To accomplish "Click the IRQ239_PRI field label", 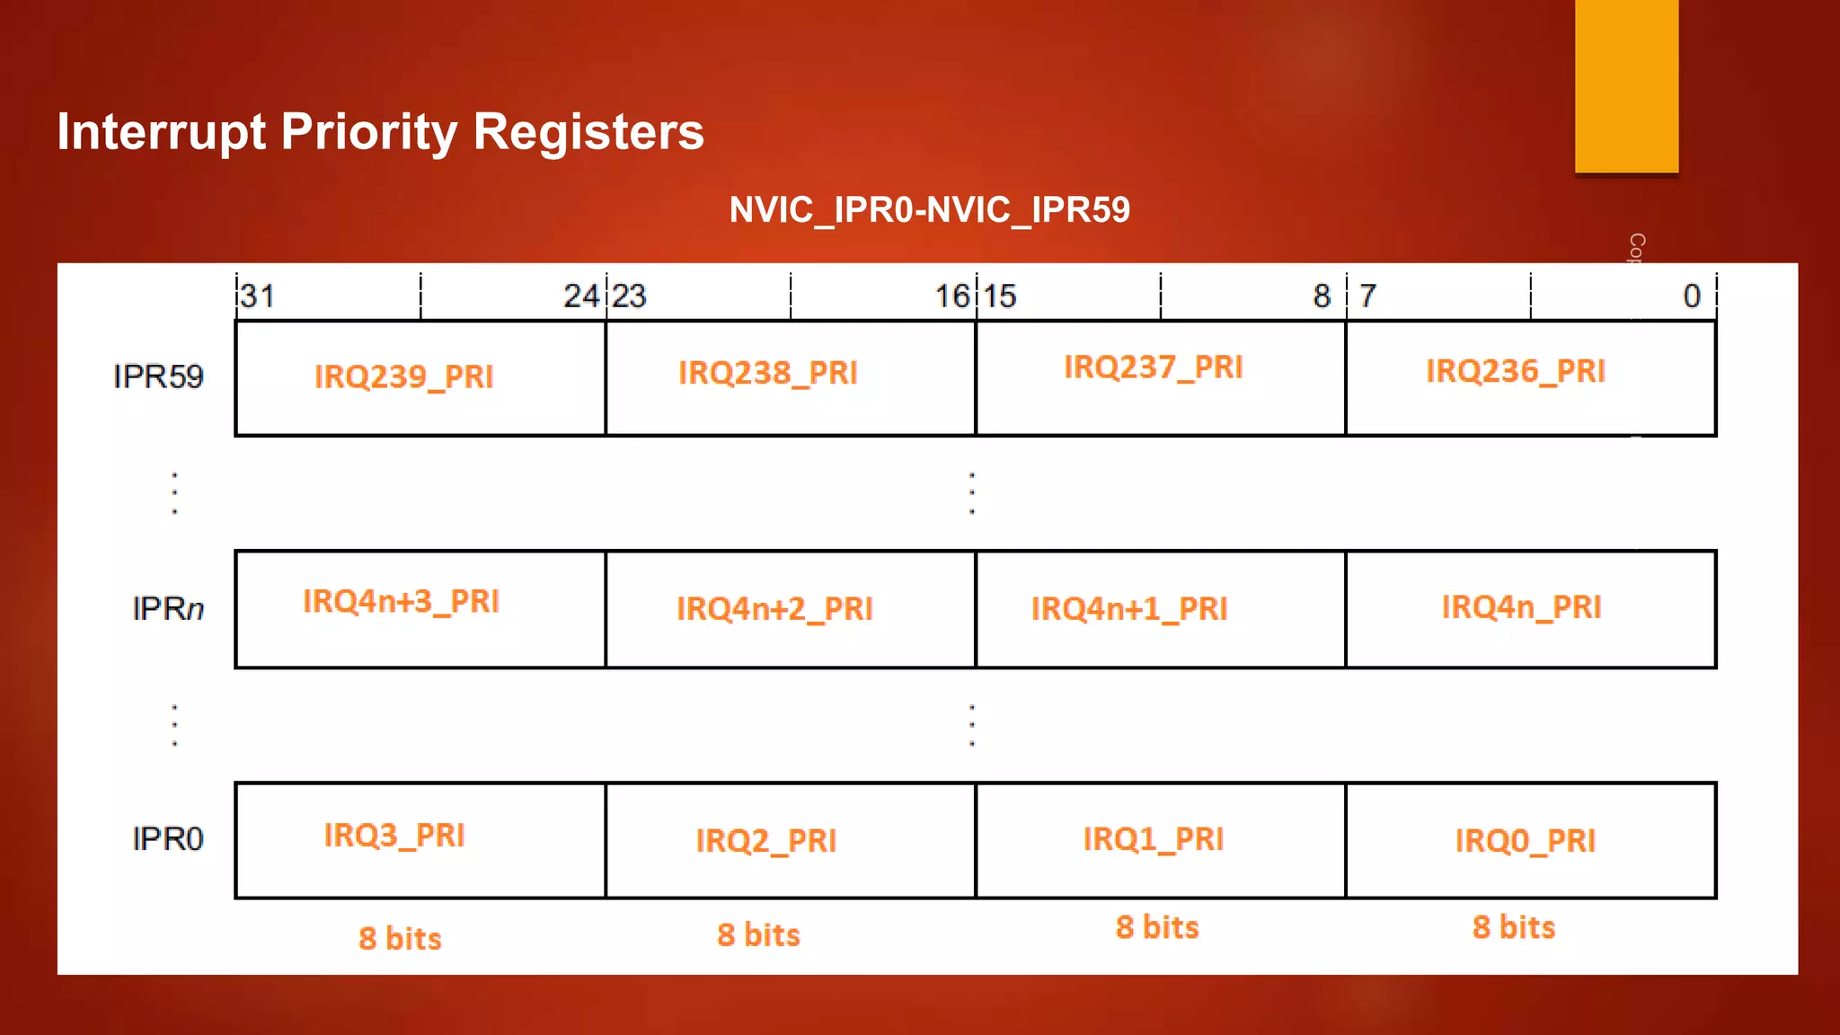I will pos(403,376).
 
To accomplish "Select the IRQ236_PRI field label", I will pos(1515,371).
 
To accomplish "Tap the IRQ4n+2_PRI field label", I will pos(774,609).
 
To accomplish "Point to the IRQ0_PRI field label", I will pos(1525,841).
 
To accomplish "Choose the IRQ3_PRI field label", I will pos(394,836).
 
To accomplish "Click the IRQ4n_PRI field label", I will pos(1521,607).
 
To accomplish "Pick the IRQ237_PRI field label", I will pos(1153,367).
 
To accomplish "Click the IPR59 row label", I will pos(158,376).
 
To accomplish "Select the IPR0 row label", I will pos(167,839).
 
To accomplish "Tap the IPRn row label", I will pos(168,608).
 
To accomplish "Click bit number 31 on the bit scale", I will pos(258,296).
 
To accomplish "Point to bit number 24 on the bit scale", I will pos(580,296).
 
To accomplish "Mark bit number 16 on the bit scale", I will pos(952,296).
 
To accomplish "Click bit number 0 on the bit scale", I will pos(1691,296).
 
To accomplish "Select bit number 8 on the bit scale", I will pos(1322,296).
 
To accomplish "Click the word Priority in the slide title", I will pos(369,132).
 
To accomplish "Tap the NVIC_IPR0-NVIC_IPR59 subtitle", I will pos(929,210).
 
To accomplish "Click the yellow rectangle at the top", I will pos(1626,85).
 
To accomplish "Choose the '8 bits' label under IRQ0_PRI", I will pos(1513,927).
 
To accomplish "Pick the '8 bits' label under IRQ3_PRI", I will pos(400,939).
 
